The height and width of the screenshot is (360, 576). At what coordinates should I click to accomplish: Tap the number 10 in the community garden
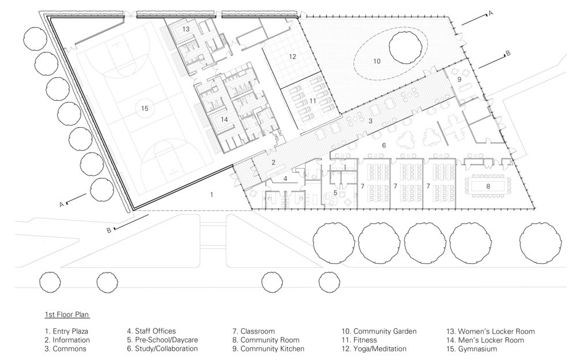pos(377,60)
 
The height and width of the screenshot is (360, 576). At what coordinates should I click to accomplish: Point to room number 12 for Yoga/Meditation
pos(292,56)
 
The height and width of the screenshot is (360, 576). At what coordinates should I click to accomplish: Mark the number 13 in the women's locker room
pos(186,29)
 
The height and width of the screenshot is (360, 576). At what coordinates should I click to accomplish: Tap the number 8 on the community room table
pos(487,186)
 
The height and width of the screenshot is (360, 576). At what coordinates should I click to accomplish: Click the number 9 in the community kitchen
pos(460,79)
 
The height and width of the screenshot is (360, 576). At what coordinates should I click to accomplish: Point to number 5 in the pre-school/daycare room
pos(335,192)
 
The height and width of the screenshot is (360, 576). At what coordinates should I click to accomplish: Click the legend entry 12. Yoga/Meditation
pos(380,348)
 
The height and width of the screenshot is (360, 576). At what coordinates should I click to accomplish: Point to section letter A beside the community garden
pos(491,12)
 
